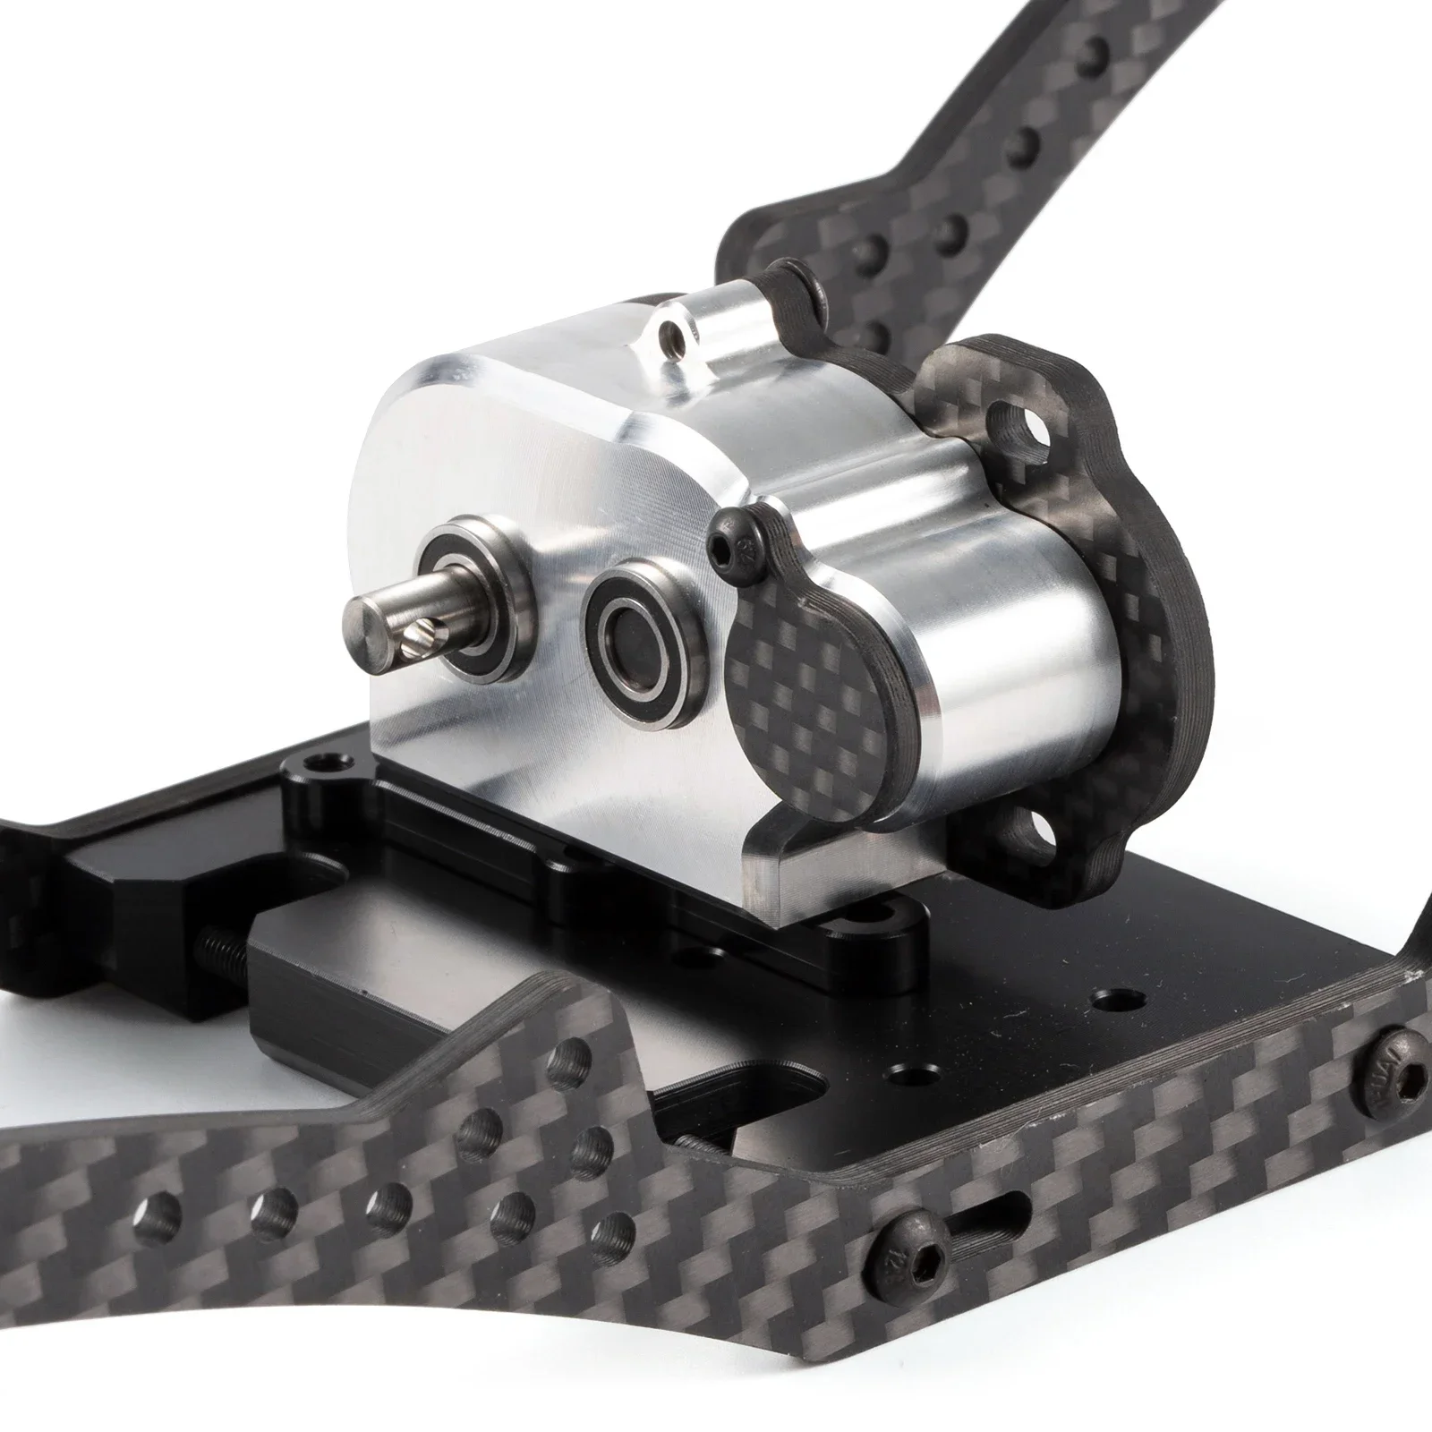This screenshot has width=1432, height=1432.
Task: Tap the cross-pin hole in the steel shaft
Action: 417,639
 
